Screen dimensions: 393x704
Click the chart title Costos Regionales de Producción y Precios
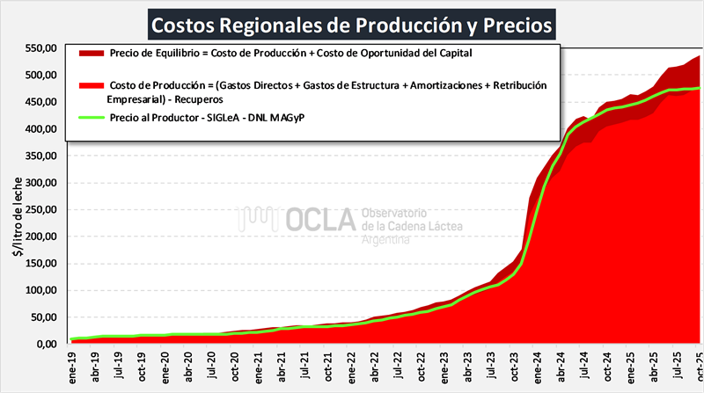pos(352,24)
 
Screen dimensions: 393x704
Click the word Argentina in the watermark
pos(386,240)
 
